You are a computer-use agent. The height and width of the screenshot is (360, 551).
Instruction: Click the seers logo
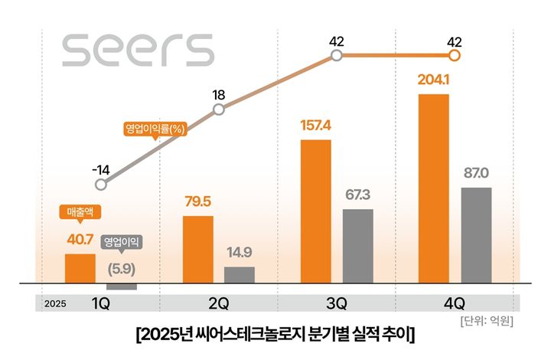coord(138,51)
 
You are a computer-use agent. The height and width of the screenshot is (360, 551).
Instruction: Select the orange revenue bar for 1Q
coord(80,268)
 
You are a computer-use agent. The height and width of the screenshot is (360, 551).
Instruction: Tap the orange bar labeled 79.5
coord(198,250)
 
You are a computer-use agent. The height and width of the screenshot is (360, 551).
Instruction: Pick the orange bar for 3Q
coord(316,211)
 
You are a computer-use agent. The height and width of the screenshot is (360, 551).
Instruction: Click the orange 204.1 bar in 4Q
coord(434,188)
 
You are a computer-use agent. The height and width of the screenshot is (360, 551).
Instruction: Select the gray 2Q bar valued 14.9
coord(240,275)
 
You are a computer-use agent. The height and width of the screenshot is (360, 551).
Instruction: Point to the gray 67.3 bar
coord(357,246)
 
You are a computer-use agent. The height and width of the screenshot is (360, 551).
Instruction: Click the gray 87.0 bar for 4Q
coord(475,235)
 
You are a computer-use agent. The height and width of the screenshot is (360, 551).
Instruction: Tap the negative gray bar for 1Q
coord(121,286)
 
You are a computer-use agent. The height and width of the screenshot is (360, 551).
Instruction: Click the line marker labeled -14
coord(101,185)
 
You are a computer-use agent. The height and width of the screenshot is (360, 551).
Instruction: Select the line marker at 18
coord(219,110)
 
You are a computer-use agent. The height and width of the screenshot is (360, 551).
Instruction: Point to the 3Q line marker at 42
coord(337,55)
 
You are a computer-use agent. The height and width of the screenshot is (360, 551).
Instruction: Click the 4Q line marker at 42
coord(455,55)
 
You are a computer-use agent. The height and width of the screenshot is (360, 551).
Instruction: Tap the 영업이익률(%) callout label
coord(155,129)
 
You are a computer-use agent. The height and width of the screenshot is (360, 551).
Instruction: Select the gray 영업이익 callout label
coord(122,241)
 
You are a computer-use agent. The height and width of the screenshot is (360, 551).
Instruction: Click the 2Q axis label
coord(219,303)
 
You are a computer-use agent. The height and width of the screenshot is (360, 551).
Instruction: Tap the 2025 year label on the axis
coord(55,304)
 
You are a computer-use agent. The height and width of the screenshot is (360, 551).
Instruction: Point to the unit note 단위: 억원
coord(487,320)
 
